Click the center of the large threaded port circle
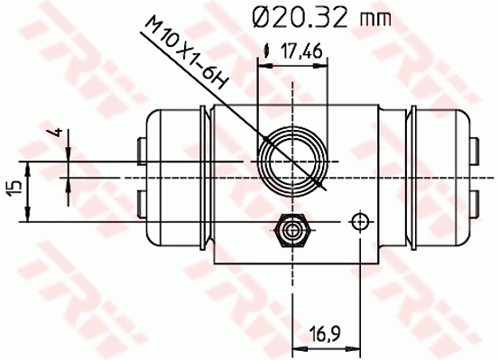point(290,162)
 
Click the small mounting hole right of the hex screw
point(360,221)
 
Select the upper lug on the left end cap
point(139,147)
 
